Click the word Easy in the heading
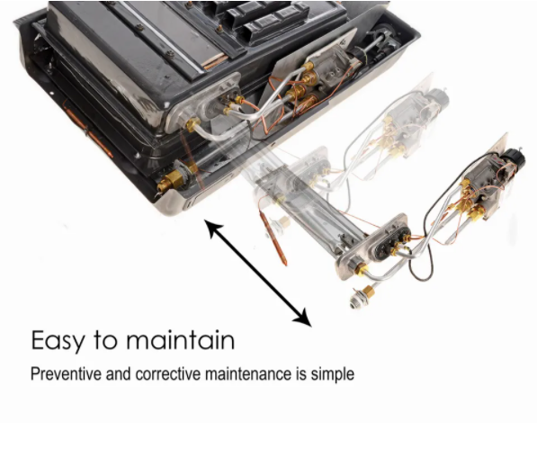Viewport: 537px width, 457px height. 58,341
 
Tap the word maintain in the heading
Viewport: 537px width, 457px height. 181,339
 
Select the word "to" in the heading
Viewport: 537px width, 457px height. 105,340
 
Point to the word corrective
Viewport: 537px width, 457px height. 168,373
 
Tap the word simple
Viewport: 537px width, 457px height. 333,374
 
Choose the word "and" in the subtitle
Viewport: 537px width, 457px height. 119,373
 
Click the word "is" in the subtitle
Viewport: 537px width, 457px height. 301,373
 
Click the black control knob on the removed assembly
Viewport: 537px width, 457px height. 515,159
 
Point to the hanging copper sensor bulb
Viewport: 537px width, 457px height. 273,238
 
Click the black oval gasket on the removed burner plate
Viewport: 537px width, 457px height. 390,242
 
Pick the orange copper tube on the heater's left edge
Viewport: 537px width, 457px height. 87,130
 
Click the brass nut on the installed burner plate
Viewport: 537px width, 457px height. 192,124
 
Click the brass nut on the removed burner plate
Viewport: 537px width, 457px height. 361,269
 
